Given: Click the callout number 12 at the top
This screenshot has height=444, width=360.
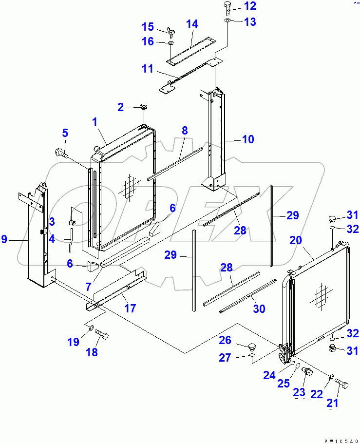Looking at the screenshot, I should (249, 6).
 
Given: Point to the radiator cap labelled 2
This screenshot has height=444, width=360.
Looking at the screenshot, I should (144, 107).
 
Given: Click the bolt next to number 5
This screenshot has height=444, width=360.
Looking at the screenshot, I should (61, 152).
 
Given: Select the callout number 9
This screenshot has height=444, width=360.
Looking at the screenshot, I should (4, 239).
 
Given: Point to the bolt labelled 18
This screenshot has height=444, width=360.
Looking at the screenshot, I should (102, 336).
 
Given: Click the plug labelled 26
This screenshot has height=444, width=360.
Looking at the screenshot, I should (252, 347).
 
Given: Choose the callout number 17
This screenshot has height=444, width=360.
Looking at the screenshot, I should (130, 309).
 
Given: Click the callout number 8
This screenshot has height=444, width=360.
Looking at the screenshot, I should (184, 131).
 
